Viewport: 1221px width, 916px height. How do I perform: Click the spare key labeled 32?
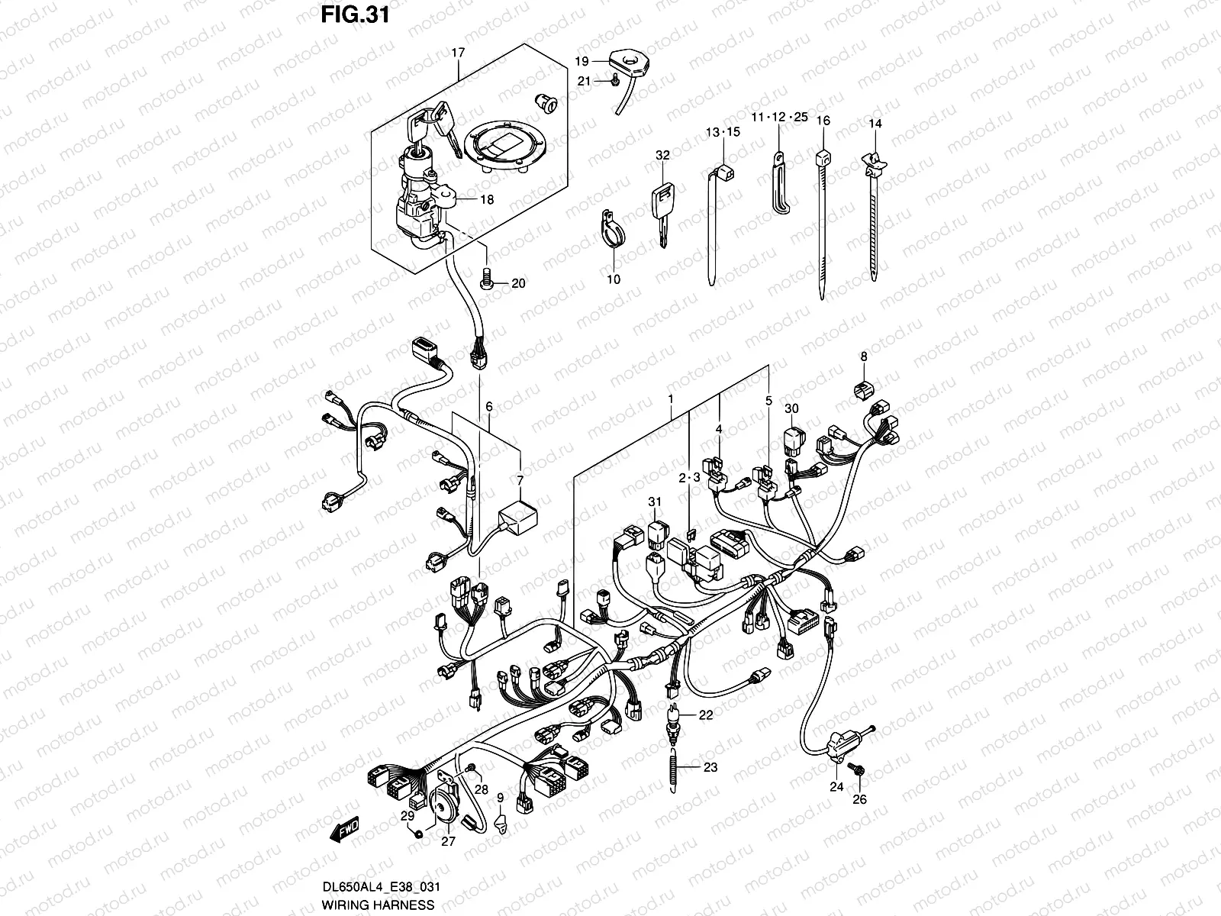click(661, 206)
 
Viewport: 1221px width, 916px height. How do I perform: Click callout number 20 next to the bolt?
click(518, 284)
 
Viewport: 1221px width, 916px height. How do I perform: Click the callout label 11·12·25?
click(778, 118)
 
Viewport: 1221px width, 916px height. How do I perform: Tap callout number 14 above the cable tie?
click(875, 123)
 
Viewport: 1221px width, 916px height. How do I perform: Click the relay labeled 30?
click(792, 440)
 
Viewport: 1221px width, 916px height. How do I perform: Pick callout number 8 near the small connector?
click(864, 356)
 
